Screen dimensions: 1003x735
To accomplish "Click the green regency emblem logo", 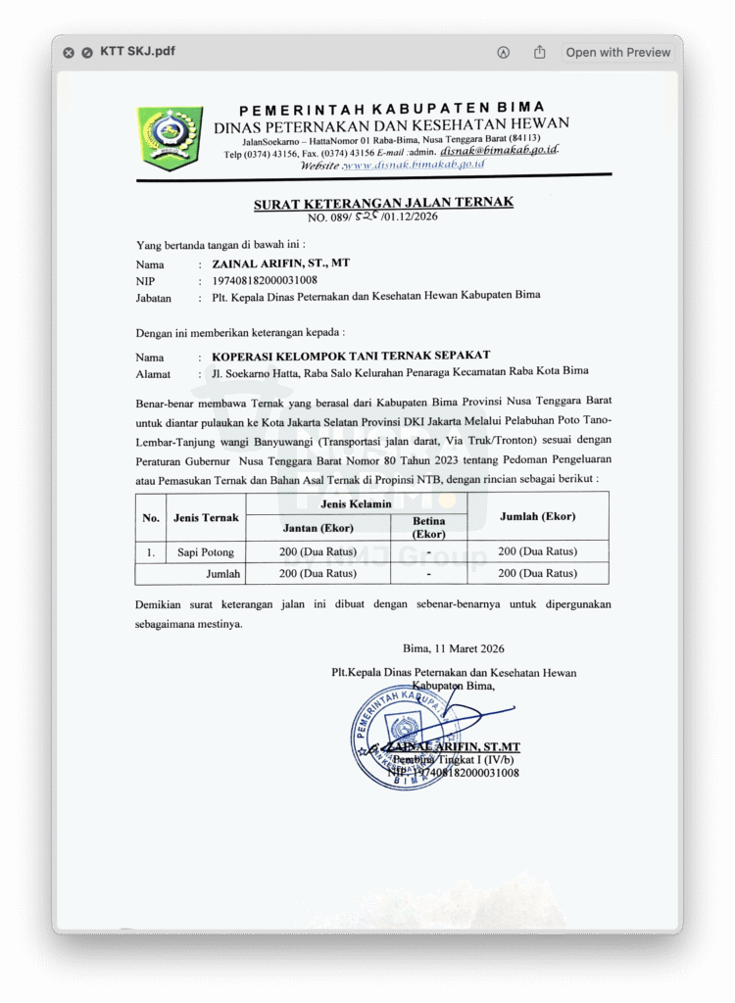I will pos(170,135).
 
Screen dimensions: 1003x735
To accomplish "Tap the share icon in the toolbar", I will pos(539,52).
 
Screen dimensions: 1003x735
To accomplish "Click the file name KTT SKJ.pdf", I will pos(138,52).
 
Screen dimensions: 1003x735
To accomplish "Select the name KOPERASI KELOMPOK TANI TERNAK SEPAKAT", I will pos(351,356).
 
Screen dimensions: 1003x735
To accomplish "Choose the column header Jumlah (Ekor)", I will pos(537,516).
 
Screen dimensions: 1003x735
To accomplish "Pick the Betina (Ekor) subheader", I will pos(429,528).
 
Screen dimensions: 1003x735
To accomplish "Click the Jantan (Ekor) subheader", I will pos(317,528).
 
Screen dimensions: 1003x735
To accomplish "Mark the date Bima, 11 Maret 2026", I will pos(454,648).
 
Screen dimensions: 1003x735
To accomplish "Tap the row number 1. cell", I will pos(151,552).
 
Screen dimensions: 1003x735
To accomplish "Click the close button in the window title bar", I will pos(69,53).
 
